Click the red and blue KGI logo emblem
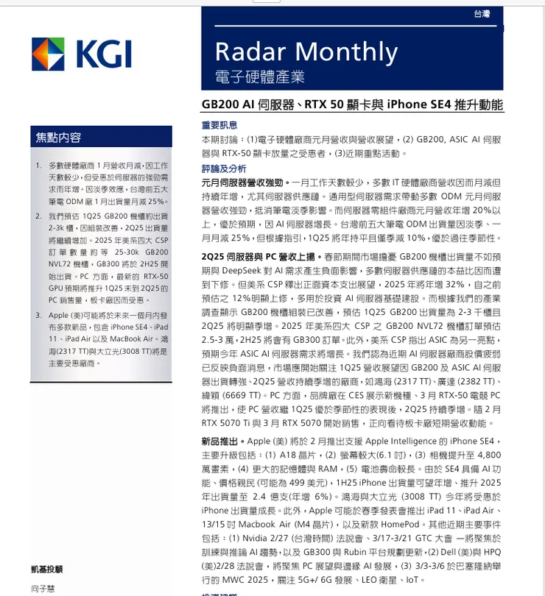pyautogui.click(x=49, y=54)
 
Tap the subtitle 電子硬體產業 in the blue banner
pyautogui.click(x=259, y=77)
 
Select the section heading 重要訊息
pyautogui.click(x=219, y=125)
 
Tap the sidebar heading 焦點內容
pyautogui.click(x=59, y=138)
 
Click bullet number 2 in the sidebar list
pyautogui.click(x=38, y=216)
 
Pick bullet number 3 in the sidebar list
pyautogui.click(x=38, y=316)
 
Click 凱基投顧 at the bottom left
pyautogui.click(x=47, y=569)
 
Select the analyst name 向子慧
pyautogui.click(x=43, y=589)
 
